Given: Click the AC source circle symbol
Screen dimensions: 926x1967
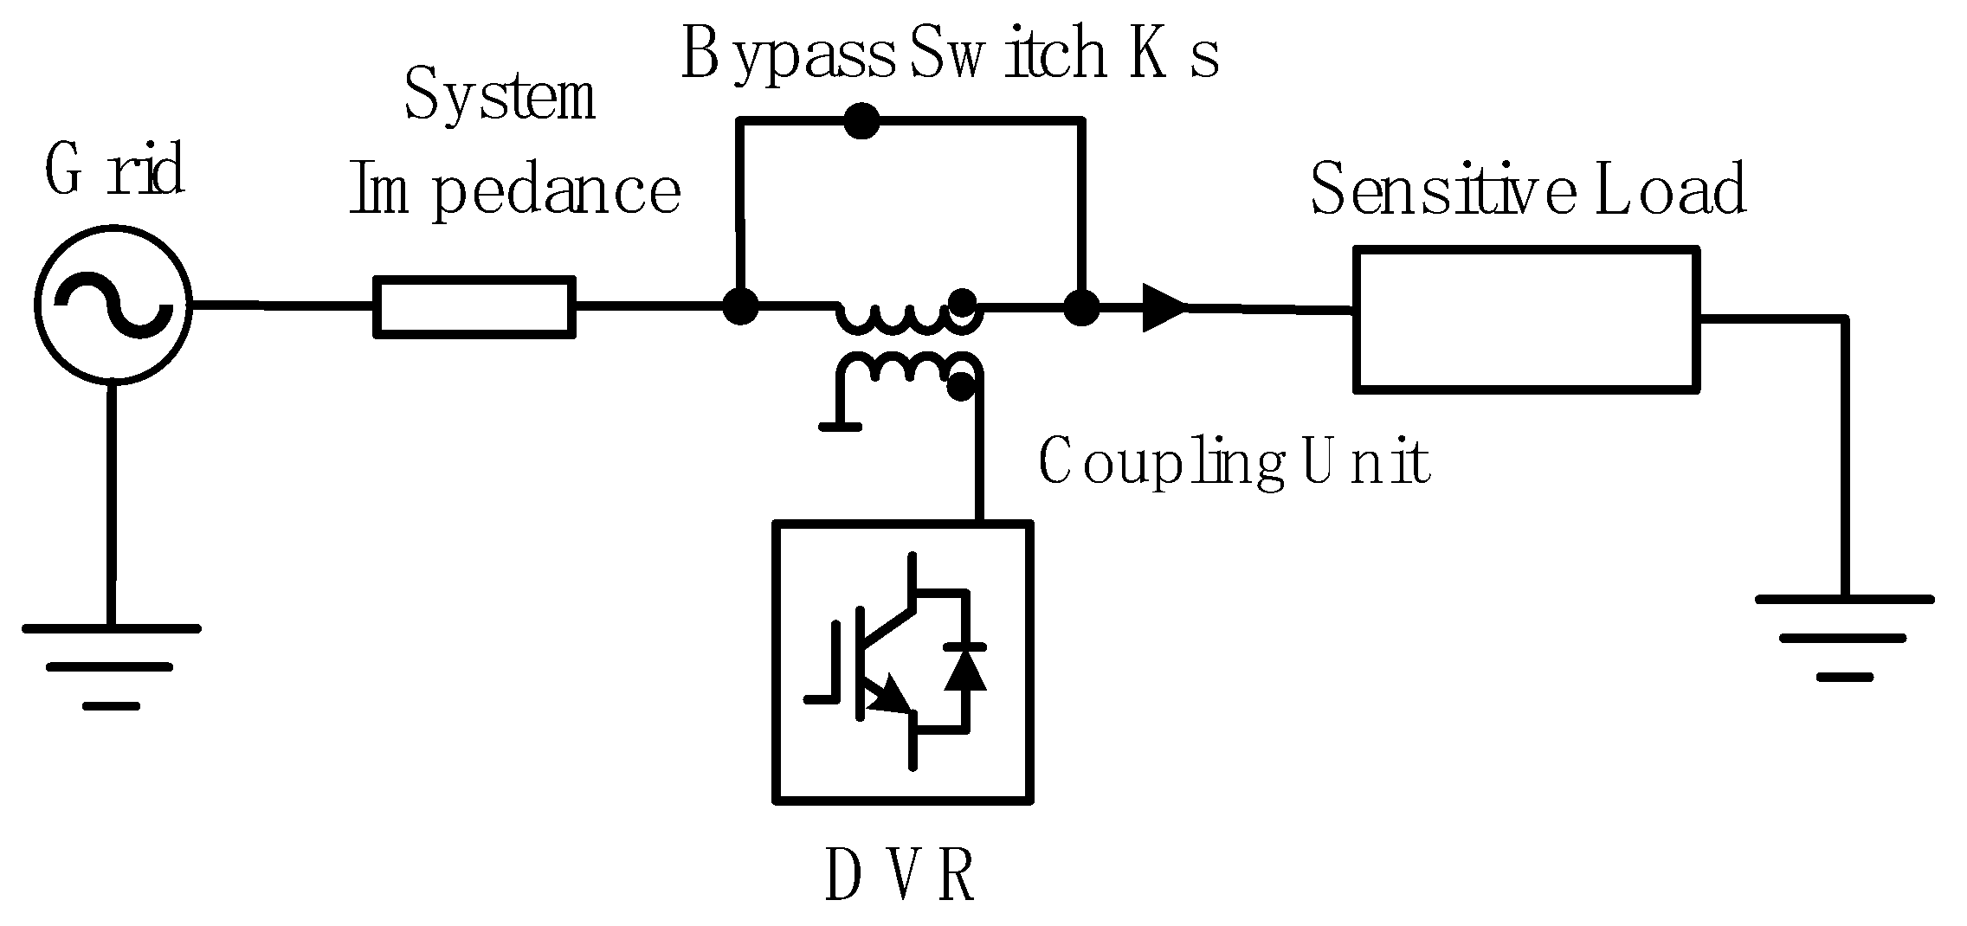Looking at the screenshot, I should [x=112, y=305].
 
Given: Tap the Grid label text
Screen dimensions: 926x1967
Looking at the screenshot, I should [x=114, y=170].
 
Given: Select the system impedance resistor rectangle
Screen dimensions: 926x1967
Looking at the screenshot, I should [x=474, y=306].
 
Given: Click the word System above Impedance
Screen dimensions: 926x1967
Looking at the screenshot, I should [x=500, y=98].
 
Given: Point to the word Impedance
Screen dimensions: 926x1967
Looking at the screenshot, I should [x=515, y=192].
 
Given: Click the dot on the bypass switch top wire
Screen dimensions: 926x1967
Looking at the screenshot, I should [x=861, y=121].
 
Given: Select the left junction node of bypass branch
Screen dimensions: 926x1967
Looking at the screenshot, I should [x=739, y=305].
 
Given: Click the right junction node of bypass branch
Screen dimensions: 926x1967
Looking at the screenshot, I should [x=1080, y=305].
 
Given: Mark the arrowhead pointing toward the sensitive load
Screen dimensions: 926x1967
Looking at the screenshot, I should [x=1163, y=307].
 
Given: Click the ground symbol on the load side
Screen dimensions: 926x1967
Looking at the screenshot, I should [x=1843, y=636].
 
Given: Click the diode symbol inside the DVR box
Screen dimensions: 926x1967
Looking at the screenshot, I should [x=964, y=667].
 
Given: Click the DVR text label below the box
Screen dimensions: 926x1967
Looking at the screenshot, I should [x=900, y=875].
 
